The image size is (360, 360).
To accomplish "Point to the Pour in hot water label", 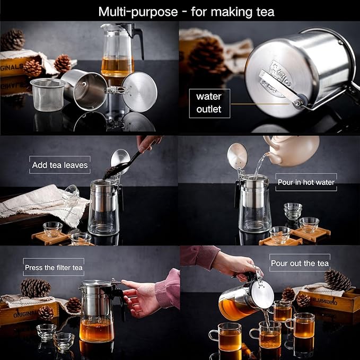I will click(306, 182).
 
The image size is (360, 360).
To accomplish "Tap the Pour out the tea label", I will click(300, 263).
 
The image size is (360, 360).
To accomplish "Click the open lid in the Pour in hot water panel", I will click(236, 156).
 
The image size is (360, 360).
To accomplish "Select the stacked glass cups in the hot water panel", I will click(292, 210).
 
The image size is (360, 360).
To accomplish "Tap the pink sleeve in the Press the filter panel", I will click(169, 288).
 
